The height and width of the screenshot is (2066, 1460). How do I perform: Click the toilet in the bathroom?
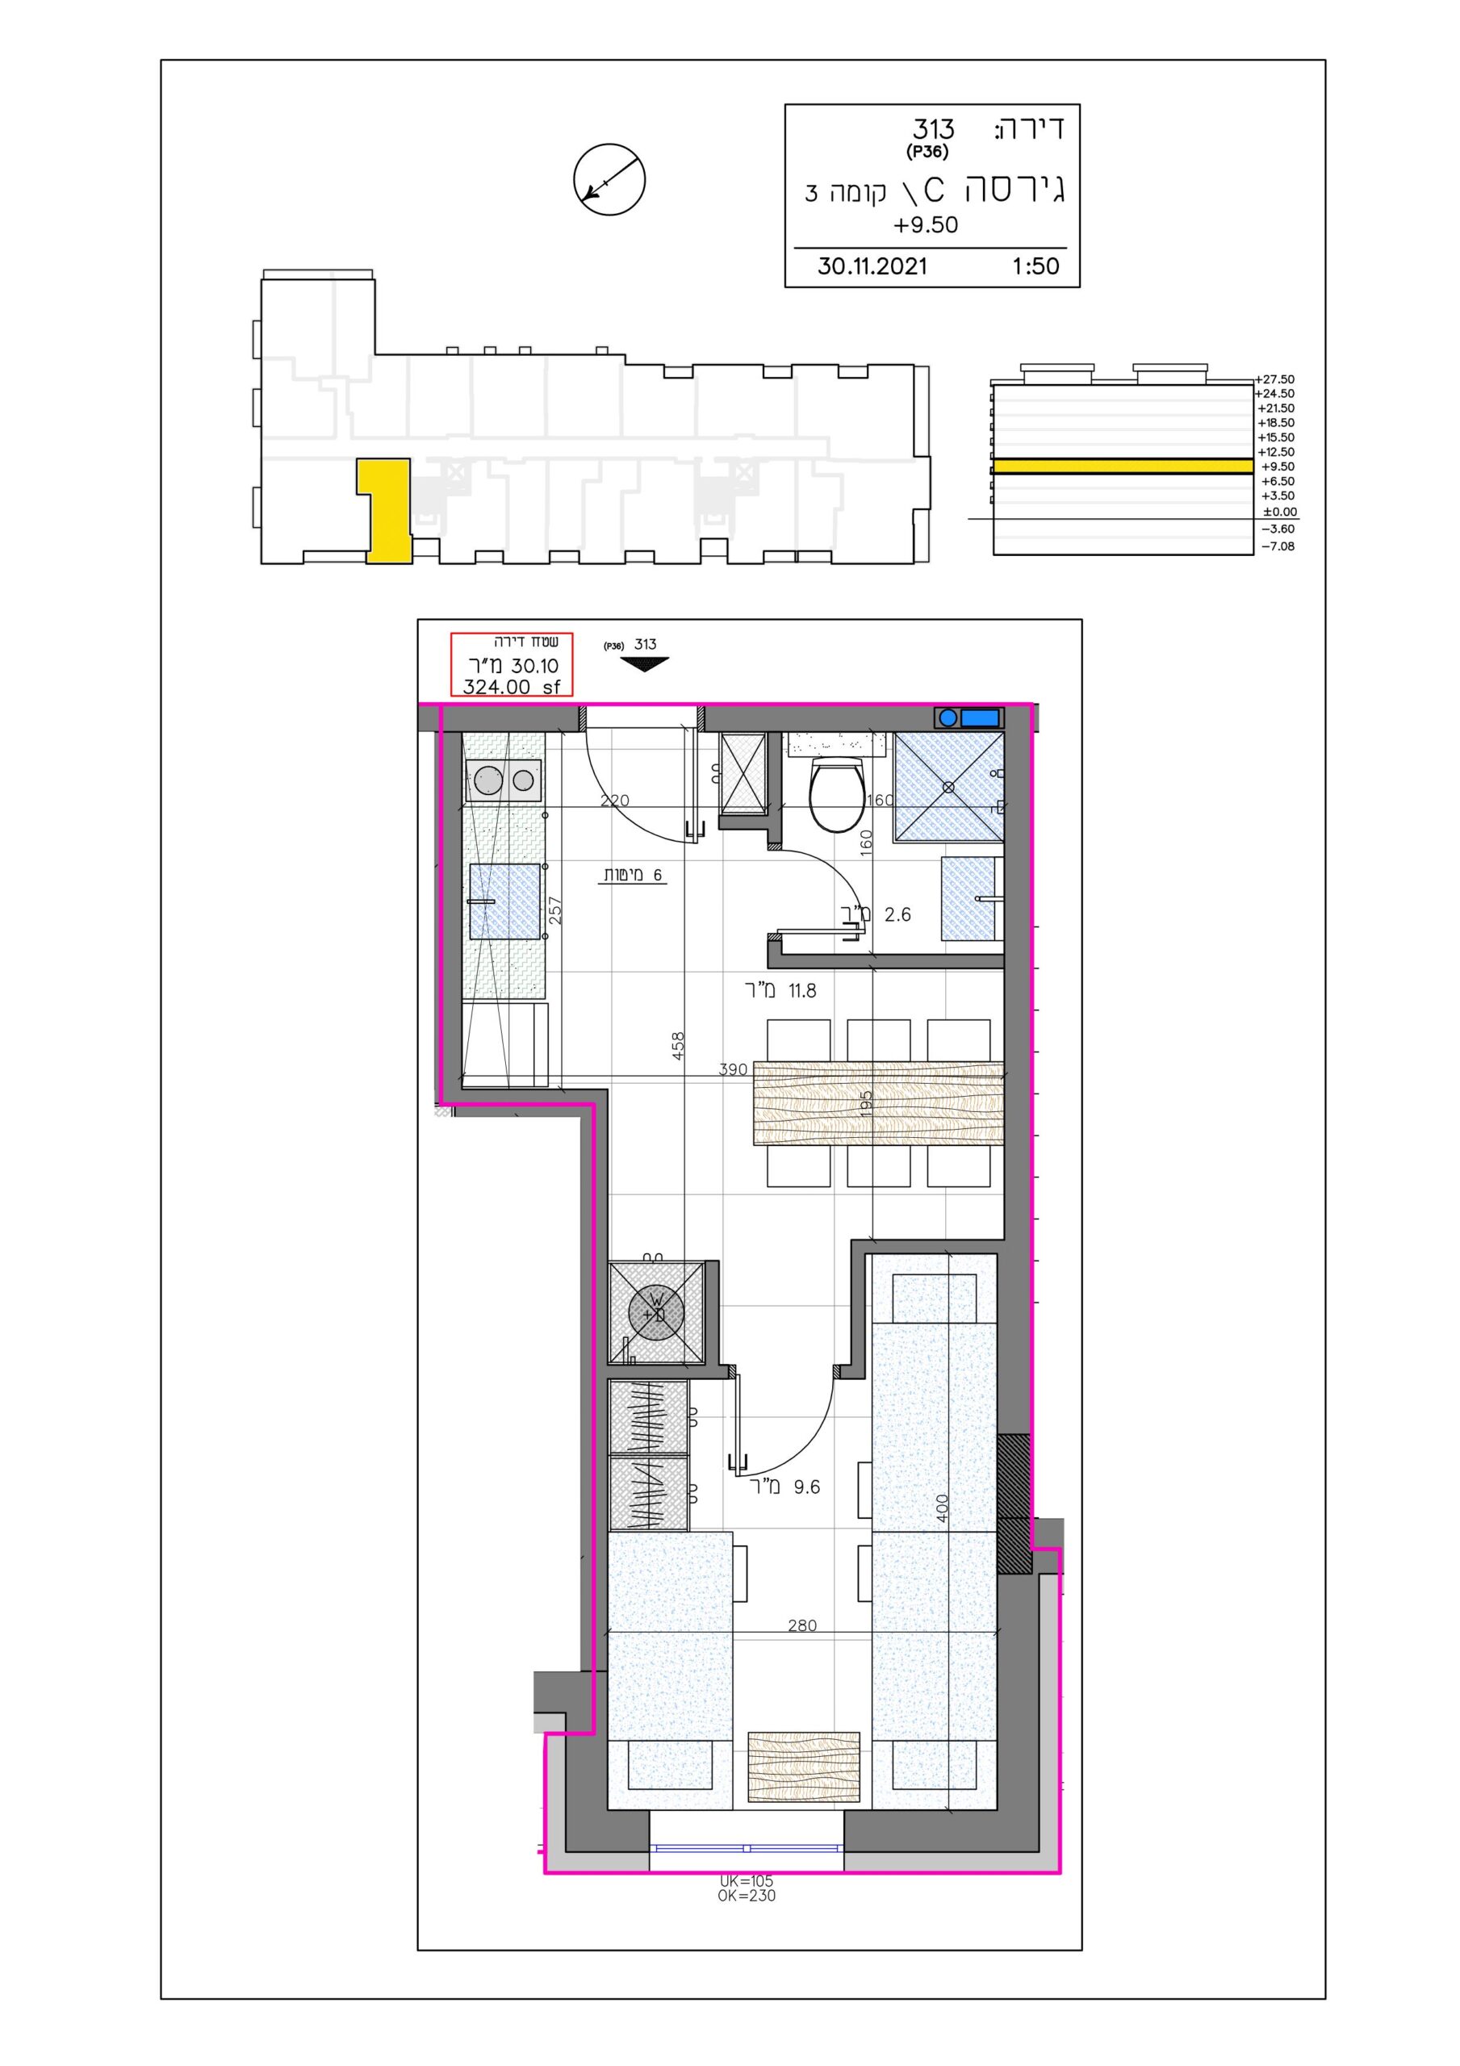(837, 789)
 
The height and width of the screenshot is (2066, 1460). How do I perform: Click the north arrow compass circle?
(609, 178)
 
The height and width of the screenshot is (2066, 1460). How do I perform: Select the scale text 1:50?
(1035, 266)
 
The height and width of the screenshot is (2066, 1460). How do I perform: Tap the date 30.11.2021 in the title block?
(872, 266)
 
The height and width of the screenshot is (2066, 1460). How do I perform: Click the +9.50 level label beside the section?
(1278, 466)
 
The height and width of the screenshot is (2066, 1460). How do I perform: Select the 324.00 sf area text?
(510, 687)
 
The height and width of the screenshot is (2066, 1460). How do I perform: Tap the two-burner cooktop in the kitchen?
(504, 780)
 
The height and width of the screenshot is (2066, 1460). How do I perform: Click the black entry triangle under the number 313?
(645, 664)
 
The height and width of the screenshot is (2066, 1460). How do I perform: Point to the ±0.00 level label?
(1279, 512)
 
